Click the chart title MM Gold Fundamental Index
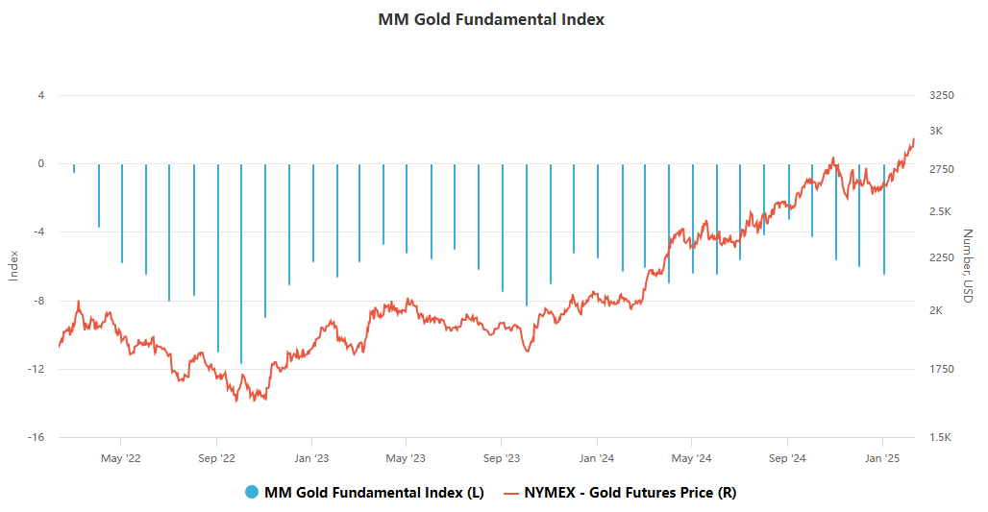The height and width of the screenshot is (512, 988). [x=491, y=19]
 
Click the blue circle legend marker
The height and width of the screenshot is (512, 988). [x=252, y=493]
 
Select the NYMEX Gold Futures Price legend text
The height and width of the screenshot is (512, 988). [x=630, y=493]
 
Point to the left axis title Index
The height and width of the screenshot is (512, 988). [x=13, y=266]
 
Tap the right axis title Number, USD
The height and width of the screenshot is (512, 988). [x=968, y=267]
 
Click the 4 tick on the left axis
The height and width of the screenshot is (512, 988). [x=41, y=95]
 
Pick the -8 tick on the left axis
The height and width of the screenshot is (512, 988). [x=39, y=301]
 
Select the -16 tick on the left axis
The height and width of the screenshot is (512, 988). [x=37, y=438]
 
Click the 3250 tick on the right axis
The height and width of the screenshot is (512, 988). [x=942, y=95]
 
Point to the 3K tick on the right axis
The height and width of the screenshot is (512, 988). [x=936, y=131]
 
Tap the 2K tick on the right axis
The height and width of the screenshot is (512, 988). [x=936, y=311]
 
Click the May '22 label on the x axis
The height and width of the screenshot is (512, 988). [x=121, y=458]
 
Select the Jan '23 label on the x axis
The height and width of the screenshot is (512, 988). [x=311, y=458]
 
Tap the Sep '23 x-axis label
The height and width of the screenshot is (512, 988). [x=501, y=458]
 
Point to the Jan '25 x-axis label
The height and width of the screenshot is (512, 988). [x=883, y=458]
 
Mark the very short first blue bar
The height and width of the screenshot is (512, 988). [x=74, y=168]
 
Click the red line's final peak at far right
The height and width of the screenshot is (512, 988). [x=913, y=139]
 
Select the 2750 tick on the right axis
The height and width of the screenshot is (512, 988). [x=942, y=169]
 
